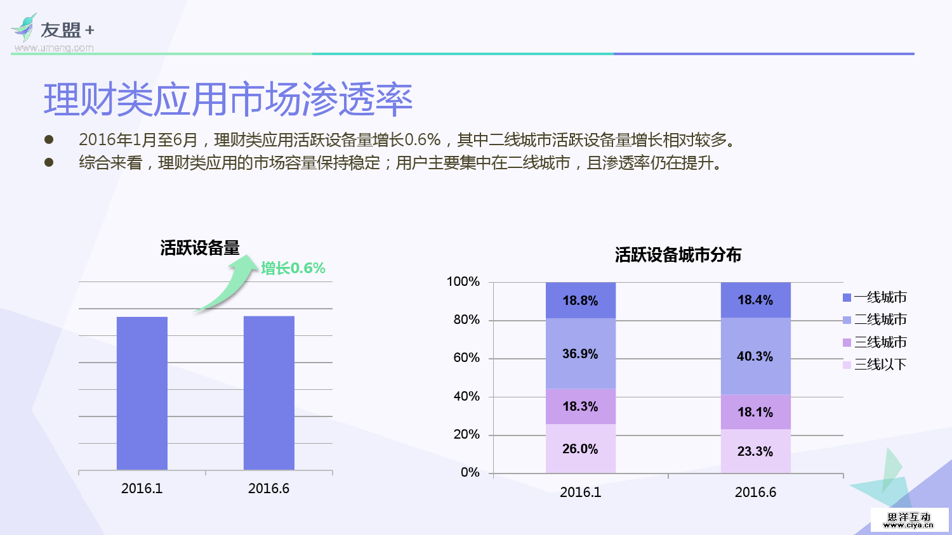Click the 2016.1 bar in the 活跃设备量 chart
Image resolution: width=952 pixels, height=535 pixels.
tap(142, 393)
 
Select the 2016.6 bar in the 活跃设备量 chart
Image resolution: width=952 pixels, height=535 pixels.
tap(268, 393)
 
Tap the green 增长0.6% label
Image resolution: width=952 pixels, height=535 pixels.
tap(293, 268)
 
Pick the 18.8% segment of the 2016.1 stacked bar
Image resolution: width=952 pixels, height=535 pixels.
tap(580, 300)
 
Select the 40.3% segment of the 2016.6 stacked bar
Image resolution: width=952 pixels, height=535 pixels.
tap(755, 356)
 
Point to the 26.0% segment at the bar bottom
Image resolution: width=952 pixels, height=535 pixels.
tap(580, 449)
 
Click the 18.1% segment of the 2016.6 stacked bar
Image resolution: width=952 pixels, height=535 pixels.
tap(755, 412)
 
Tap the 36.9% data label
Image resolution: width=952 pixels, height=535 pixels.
tap(580, 354)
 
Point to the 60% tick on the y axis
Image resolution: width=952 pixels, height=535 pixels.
tap(466, 358)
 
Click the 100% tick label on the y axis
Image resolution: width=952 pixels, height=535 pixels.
tap(463, 281)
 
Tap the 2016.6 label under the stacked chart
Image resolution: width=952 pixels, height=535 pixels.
tap(755, 493)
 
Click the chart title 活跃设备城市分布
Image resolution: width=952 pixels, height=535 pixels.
tap(678, 255)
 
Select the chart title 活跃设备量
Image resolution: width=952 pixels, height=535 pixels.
tap(200, 248)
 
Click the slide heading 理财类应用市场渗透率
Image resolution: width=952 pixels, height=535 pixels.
tap(228, 100)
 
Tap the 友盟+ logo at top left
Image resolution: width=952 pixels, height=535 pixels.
tap(53, 32)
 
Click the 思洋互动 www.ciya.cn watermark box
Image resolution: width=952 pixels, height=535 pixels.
tap(909, 520)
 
